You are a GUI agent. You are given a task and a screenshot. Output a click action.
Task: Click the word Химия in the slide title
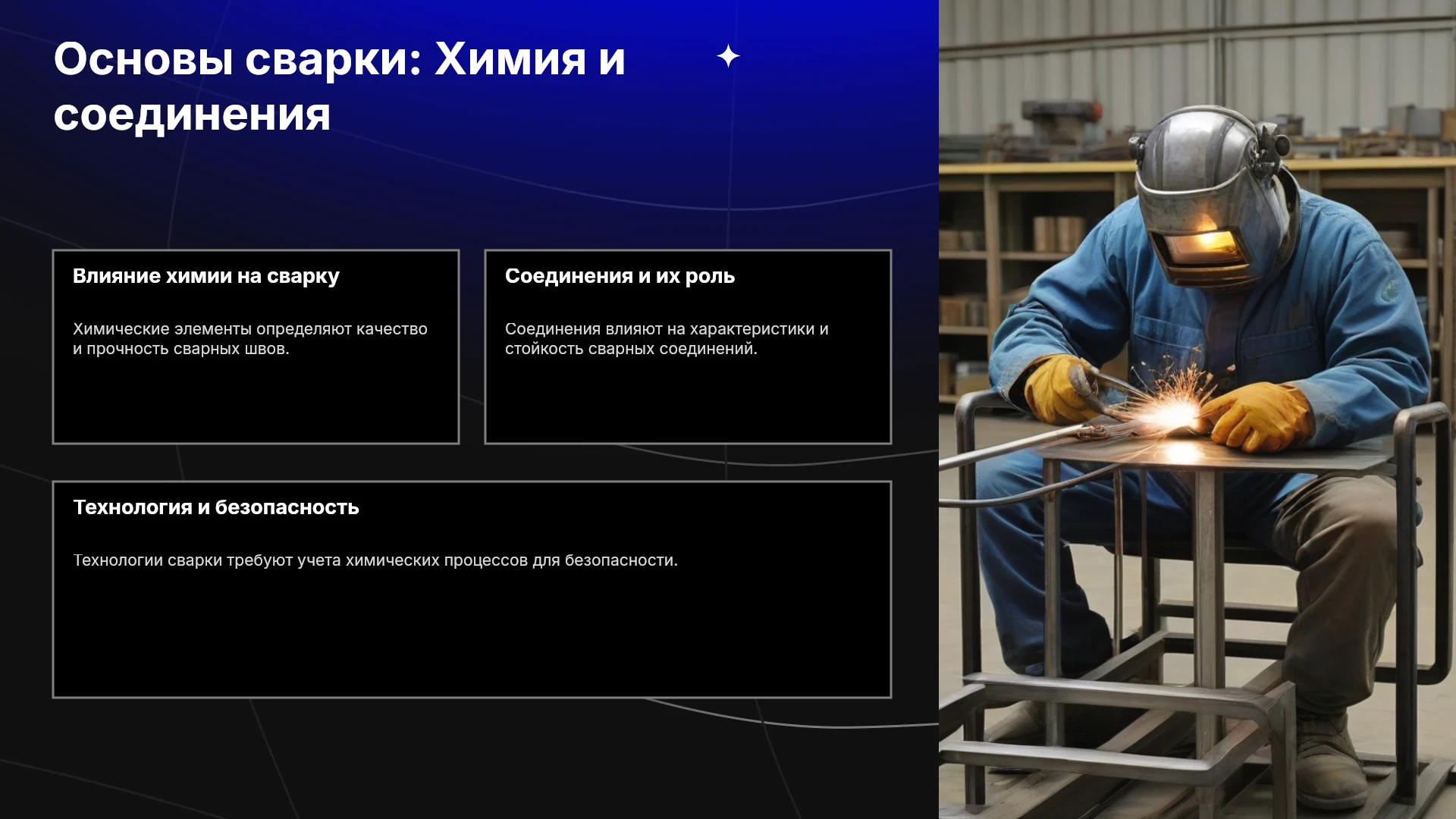[x=510, y=59]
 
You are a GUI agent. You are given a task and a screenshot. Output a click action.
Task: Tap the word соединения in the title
[x=192, y=116]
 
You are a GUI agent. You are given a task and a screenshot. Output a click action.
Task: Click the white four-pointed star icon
[x=728, y=56]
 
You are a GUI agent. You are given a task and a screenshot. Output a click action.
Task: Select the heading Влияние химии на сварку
[x=206, y=277]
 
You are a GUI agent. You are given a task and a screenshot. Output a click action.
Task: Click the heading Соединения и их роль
[x=620, y=276]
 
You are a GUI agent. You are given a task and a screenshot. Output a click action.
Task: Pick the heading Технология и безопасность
[x=216, y=507]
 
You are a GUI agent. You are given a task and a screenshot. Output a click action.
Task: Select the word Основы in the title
[x=143, y=59]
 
